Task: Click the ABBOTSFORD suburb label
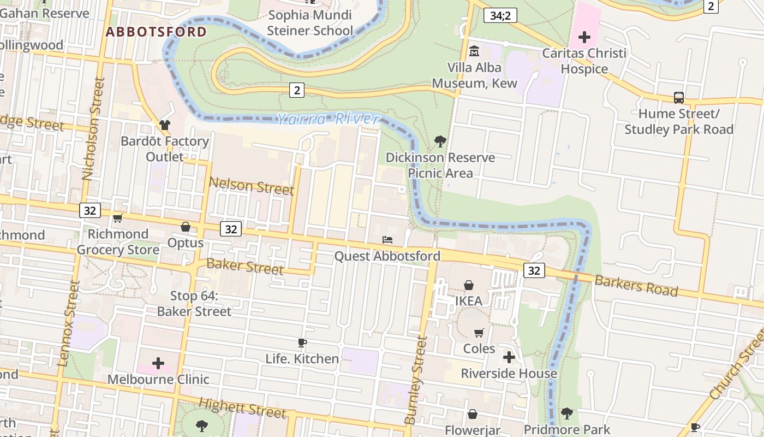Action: coord(156,32)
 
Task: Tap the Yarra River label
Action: coord(327,119)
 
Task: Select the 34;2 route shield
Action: coord(500,15)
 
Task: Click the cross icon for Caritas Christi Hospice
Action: coord(584,37)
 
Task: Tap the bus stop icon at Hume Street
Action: coord(679,98)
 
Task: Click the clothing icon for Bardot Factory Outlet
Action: coord(165,125)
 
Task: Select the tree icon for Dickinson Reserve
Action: coord(440,142)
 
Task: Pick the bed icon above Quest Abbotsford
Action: coord(387,240)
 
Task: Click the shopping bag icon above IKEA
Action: coord(468,285)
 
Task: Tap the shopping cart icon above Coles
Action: coord(479,333)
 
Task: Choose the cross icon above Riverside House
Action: coord(509,357)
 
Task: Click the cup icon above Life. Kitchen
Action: coord(302,343)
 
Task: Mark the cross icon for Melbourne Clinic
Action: coord(158,363)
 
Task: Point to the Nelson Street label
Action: coord(252,186)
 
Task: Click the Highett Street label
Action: coord(242,408)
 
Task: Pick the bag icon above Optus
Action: coord(186,227)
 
